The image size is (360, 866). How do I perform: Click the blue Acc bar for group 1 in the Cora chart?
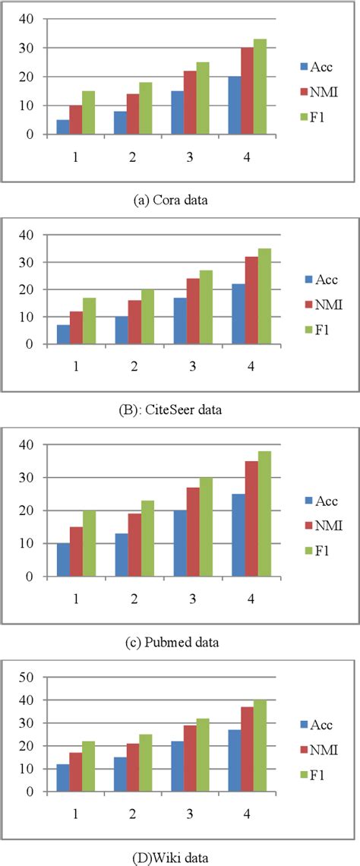[63, 127]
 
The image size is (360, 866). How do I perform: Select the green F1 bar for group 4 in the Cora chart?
[259, 87]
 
